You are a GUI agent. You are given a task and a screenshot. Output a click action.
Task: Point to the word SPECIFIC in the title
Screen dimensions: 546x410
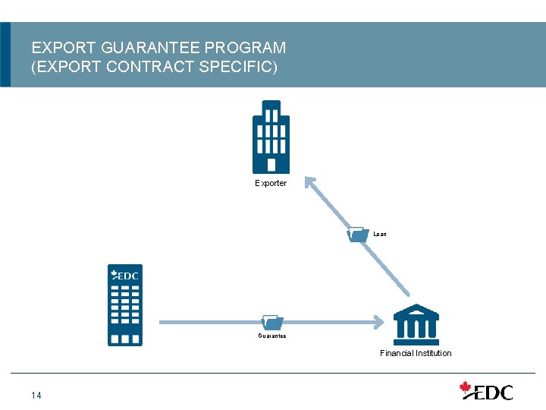pyautogui.click(x=240, y=67)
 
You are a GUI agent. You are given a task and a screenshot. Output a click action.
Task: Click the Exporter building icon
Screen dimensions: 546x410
pyautogui.click(x=271, y=137)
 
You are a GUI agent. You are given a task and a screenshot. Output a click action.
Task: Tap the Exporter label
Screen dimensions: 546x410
pyautogui.click(x=271, y=184)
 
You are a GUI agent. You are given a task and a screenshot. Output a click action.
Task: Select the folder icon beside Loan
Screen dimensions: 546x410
pyautogui.click(x=357, y=234)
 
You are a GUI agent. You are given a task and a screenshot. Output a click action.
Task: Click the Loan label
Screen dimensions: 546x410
pyautogui.click(x=380, y=235)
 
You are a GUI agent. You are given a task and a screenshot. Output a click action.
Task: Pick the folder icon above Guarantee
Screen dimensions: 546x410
pyautogui.click(x=271, y=322)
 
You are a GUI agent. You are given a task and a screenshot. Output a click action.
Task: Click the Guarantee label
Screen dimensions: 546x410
pyautogui.click(x=271, y=336)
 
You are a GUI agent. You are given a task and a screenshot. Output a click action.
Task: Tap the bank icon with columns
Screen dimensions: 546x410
pyautogui.click(x=416, y=324)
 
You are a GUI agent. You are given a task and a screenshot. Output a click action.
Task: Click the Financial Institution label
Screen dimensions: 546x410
pyautogui.click(x=416, y=353)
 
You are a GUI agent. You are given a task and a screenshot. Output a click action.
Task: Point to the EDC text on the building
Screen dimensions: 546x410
pyautogui.click(x=127, y=276)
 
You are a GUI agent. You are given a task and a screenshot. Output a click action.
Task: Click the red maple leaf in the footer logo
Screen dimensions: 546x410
pyautogui.click(x=466, y=388)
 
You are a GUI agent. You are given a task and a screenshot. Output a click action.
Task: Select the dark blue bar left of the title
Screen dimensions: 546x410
pyautogui.click(x=5, y=54)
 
